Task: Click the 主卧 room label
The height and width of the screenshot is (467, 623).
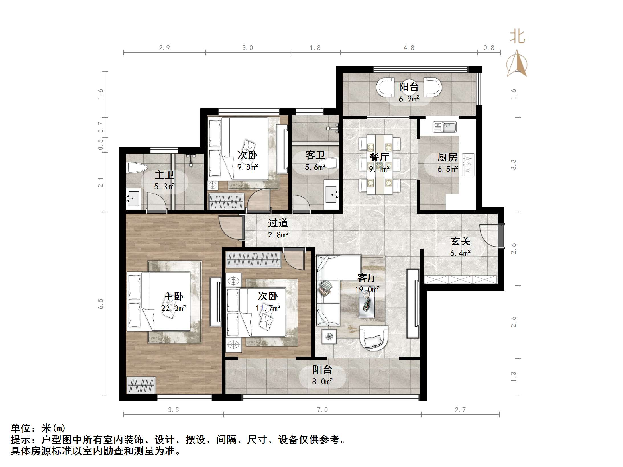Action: point(173,296)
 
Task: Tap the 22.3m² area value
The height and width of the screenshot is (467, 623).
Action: point(173,308)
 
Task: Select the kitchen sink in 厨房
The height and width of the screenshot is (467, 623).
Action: point(445,127)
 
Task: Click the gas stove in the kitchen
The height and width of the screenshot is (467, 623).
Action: point(468,164)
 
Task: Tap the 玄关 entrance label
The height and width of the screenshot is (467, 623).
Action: point(460,241)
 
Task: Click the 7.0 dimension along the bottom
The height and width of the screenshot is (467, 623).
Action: point(322,410)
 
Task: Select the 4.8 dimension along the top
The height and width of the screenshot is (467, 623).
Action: point(408,48)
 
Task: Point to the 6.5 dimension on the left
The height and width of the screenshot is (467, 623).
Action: point(100,304)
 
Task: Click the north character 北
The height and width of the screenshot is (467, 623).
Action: point(517,37)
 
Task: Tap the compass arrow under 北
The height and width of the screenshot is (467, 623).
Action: point(517,64)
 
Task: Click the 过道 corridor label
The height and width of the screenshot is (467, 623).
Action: point(278,223)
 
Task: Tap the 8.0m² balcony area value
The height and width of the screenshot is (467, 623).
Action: point(322,382)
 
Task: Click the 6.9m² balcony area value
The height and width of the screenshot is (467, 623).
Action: point(409,99)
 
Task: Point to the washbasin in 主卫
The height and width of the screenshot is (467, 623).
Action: point(133,197)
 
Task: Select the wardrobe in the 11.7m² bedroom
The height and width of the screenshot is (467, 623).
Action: point(253,259)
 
